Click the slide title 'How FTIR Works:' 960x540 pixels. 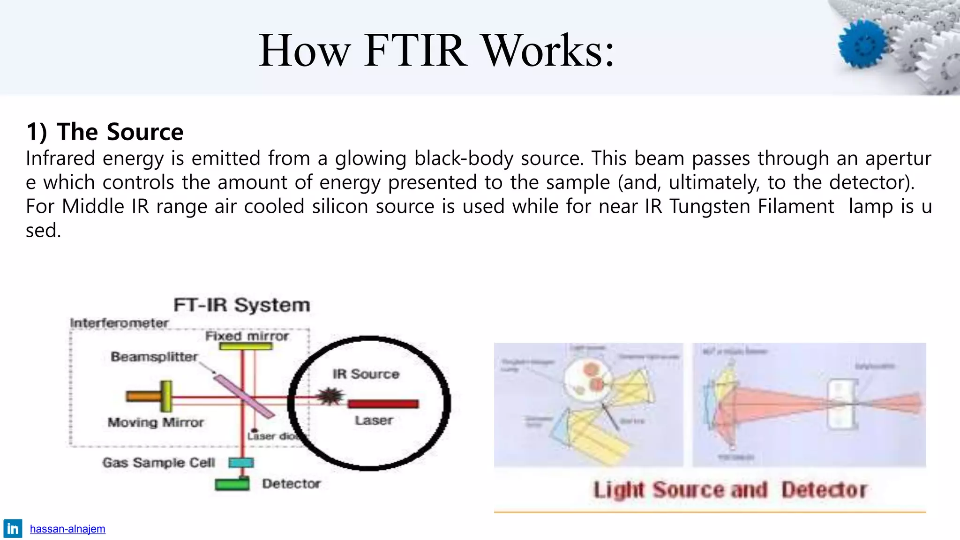click(x=436, y=51)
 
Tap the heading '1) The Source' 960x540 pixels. click(x=105, y=132)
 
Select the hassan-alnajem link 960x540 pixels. click(x=67, y=529)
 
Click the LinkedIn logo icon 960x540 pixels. click(x=13, y=529)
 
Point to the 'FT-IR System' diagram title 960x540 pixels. click(x=241, y=305)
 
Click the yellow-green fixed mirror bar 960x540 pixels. click(x=246, y=346)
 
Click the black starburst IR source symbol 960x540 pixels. click(x=330, y=397)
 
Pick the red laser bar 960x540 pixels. click(x=383, y=404)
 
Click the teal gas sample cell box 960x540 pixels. click(x=241, y=463)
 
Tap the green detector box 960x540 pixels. click(x=232, y=484)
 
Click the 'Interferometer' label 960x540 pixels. click(x=119, y=323)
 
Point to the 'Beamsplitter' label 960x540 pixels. click(x=154, y=357)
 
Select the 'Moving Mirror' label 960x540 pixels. click(x=156, y=422)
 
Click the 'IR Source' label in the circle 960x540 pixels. click(x=366, y=374)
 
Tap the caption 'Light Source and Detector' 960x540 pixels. click(x=730, y=490)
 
